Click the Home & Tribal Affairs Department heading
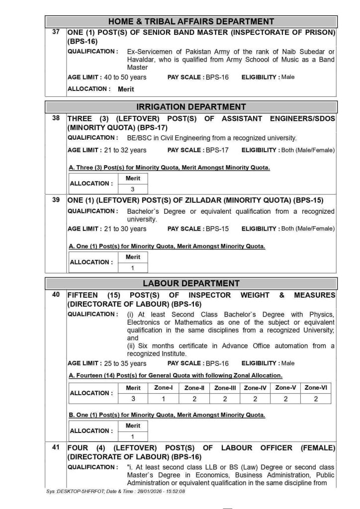pyautogui.click(x=191, y=21)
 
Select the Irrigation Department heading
pyautogui.click(x=191, y=107)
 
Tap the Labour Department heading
pyautogui.click(x=191, y=284)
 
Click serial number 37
pyautogui.click(x=56, y=32)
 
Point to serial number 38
pyautogui.click(x=56, y=118)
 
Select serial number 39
pyautogui.click(x=56, y=200)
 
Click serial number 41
pyautogui.click(x=56, y=447)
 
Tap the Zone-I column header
pyautogui.click(x=163, y=388)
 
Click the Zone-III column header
pyautogui.click(x=225, y=388)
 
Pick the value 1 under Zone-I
pyautogui.click(x=163, y=399)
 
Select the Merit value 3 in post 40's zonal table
pyautogui.click(x=133, y=399)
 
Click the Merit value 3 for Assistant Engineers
pyautogui.click(x=133, y=189)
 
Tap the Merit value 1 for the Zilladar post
pyautogui.click(x=133, y=267)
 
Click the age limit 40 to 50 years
pyautogui.click(x=125, y=78)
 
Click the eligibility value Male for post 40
pyautogui.click(x=288, y=363)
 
